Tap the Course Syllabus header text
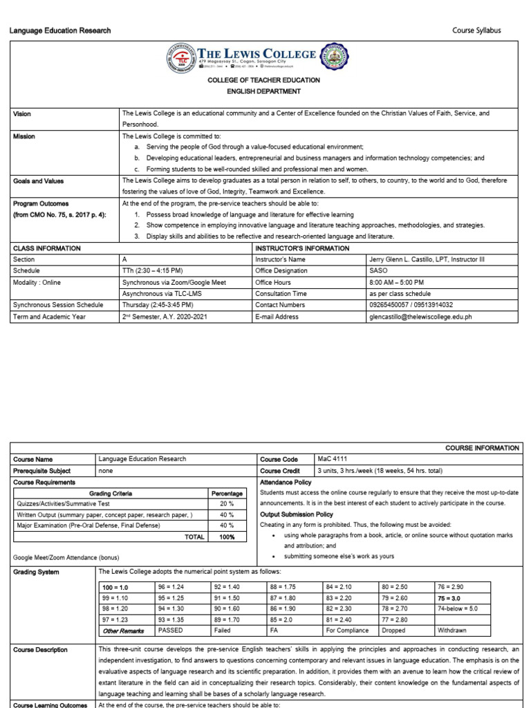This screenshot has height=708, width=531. [476, 30]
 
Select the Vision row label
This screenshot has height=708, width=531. [22, 113]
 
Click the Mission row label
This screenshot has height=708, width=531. [24, 136]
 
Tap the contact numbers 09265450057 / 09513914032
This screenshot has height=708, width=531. [411, 305]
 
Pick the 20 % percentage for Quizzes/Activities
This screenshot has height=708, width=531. [227, 504]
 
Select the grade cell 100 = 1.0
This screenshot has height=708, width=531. [115, 586]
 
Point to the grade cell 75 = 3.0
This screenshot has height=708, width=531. [449, 597]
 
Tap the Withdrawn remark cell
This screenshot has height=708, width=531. [454, 631]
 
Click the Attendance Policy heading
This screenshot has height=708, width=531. [286, 481]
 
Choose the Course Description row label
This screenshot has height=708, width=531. [41, 650]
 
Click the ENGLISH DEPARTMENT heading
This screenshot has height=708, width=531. [265, 91]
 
